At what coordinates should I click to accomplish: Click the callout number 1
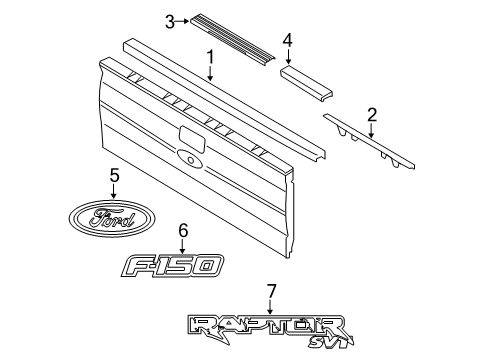210,57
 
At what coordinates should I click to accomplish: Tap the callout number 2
372,115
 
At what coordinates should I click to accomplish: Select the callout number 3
170,22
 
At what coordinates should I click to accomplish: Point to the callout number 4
288,40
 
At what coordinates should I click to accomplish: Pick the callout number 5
114,176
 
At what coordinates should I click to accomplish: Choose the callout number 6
183,231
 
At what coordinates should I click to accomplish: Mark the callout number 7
271,291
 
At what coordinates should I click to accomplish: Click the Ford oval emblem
112,218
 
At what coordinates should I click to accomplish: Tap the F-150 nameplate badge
172,265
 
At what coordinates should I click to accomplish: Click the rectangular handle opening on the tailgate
192,137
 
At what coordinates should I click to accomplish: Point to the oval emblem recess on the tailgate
190,158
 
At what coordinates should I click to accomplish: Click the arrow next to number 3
182,21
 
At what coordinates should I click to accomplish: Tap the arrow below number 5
114,192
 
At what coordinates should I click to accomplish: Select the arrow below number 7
270,307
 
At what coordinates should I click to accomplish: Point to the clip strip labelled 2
369,141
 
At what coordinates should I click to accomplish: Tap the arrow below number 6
183,247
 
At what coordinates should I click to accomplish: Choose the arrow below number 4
288,56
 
